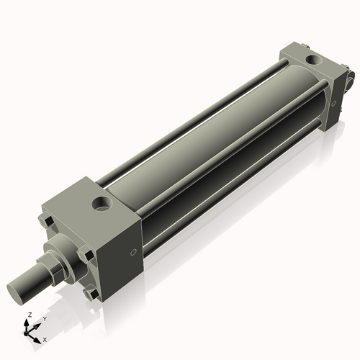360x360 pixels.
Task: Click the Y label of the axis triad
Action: point(45,319)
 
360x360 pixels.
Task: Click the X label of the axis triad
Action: point(45,338)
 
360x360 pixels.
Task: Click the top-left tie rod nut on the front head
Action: point(47,220)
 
